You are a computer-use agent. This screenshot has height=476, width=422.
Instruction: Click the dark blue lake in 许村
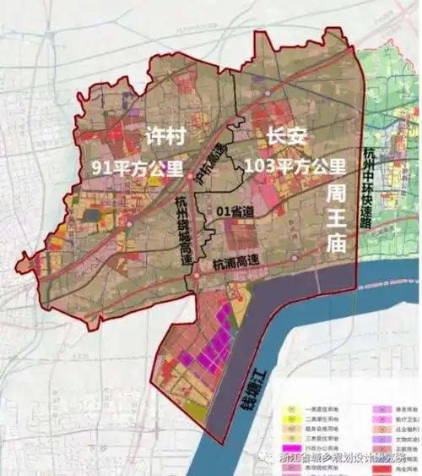pyautogui.click(x=89, y=216)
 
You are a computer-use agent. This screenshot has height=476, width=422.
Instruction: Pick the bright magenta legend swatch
pyautogui.click(x=379, y=407)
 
